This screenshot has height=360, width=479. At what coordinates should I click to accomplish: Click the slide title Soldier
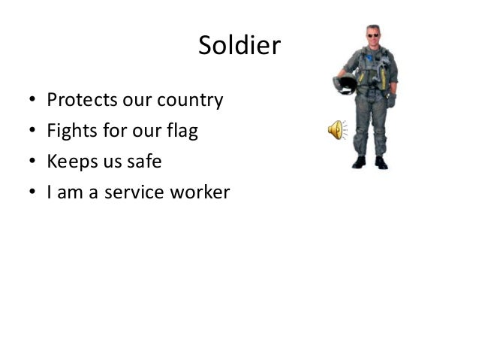tap(239, 47)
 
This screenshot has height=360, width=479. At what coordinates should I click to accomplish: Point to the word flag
tap(183, 132)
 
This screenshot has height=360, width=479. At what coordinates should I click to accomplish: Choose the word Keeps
tap(72, 162)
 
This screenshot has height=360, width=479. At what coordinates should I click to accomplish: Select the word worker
tap(201, 193)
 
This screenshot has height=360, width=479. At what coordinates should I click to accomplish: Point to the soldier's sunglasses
tap(372, 35)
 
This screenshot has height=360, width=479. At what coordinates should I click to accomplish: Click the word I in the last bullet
tap(50, 193)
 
